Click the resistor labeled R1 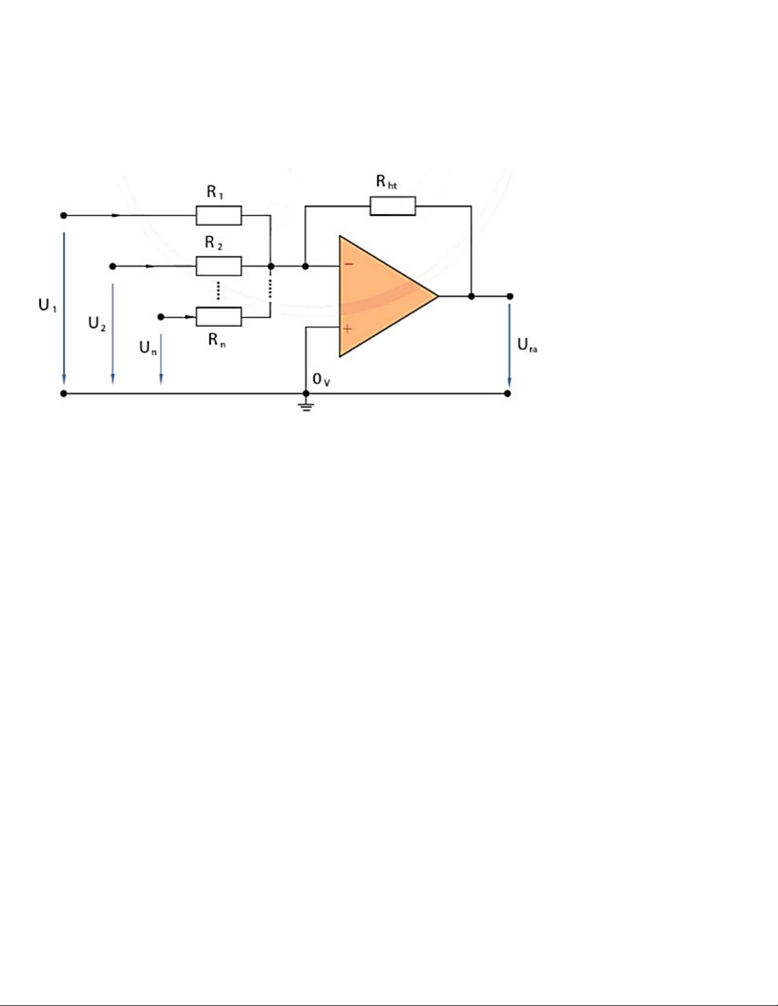click(218, 215)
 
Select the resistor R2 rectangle click(218, 266)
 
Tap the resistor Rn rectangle click(218, 317)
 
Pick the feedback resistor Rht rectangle click(392, 206)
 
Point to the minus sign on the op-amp click(349, 264)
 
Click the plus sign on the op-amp click(347, 329)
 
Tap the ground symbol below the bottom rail click(305, 407)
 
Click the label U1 click(48, 305)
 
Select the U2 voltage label click(97, 323)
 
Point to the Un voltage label click(148, 348)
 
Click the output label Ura click(527, 345)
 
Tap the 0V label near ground click(321, 380)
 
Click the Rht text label click(387, 182)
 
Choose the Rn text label click(217, 340)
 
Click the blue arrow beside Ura click(509, 345)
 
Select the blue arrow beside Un click(161, 359)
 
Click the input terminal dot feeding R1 click(64, 215)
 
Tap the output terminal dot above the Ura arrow click(510, 296)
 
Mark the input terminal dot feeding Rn click(161, 317)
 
